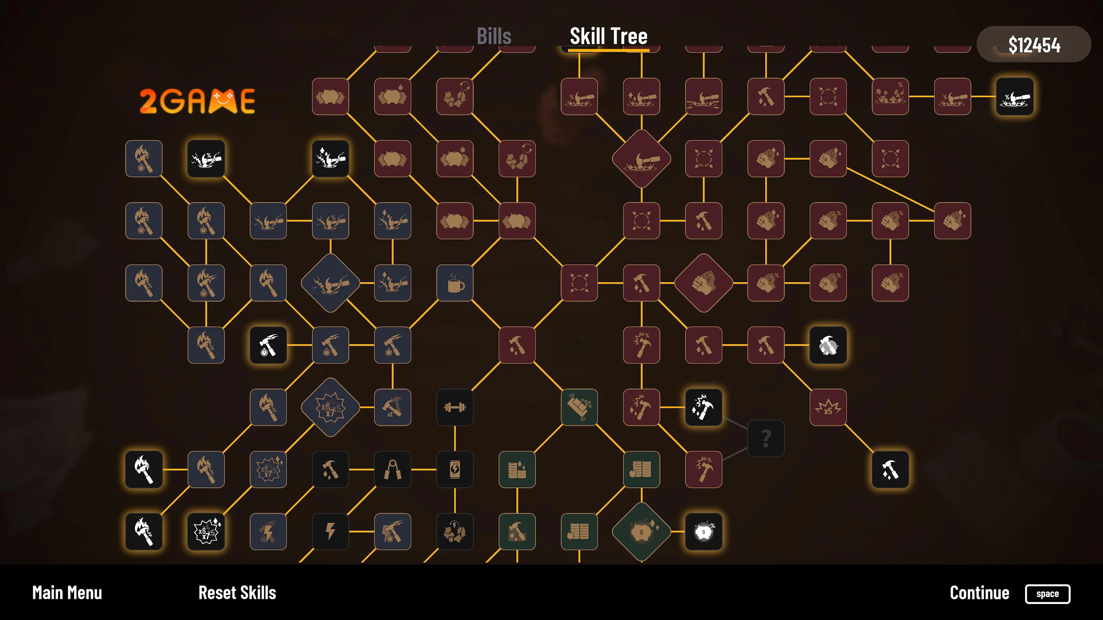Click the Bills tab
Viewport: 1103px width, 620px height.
pos(494,36)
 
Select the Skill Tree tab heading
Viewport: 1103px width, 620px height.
pos(608,36)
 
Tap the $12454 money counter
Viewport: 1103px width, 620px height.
pos(1034,44)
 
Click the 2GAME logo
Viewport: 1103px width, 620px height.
pos(197,101)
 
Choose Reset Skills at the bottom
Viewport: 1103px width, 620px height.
pos(237,593)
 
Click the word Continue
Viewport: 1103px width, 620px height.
pos(979,593)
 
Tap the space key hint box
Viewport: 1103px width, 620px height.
pos(1047,594)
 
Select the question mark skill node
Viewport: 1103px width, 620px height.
pos(766,438)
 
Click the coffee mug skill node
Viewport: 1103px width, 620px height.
pos(455,283)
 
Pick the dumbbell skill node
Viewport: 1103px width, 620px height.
pos(455,407)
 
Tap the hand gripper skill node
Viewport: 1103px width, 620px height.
pos(393,469)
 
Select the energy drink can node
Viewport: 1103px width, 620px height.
pos(455,469)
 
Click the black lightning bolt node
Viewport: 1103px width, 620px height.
pos(330,531)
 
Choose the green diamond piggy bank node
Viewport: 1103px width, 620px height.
pos(642,532)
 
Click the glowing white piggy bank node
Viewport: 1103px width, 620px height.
pos(704,531)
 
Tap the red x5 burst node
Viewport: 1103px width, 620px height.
pos(828,407)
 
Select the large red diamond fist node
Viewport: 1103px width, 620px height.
pos(704,283)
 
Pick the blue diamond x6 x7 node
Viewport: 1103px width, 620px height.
pos(330,407)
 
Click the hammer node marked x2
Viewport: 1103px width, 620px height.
pos(393,407)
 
